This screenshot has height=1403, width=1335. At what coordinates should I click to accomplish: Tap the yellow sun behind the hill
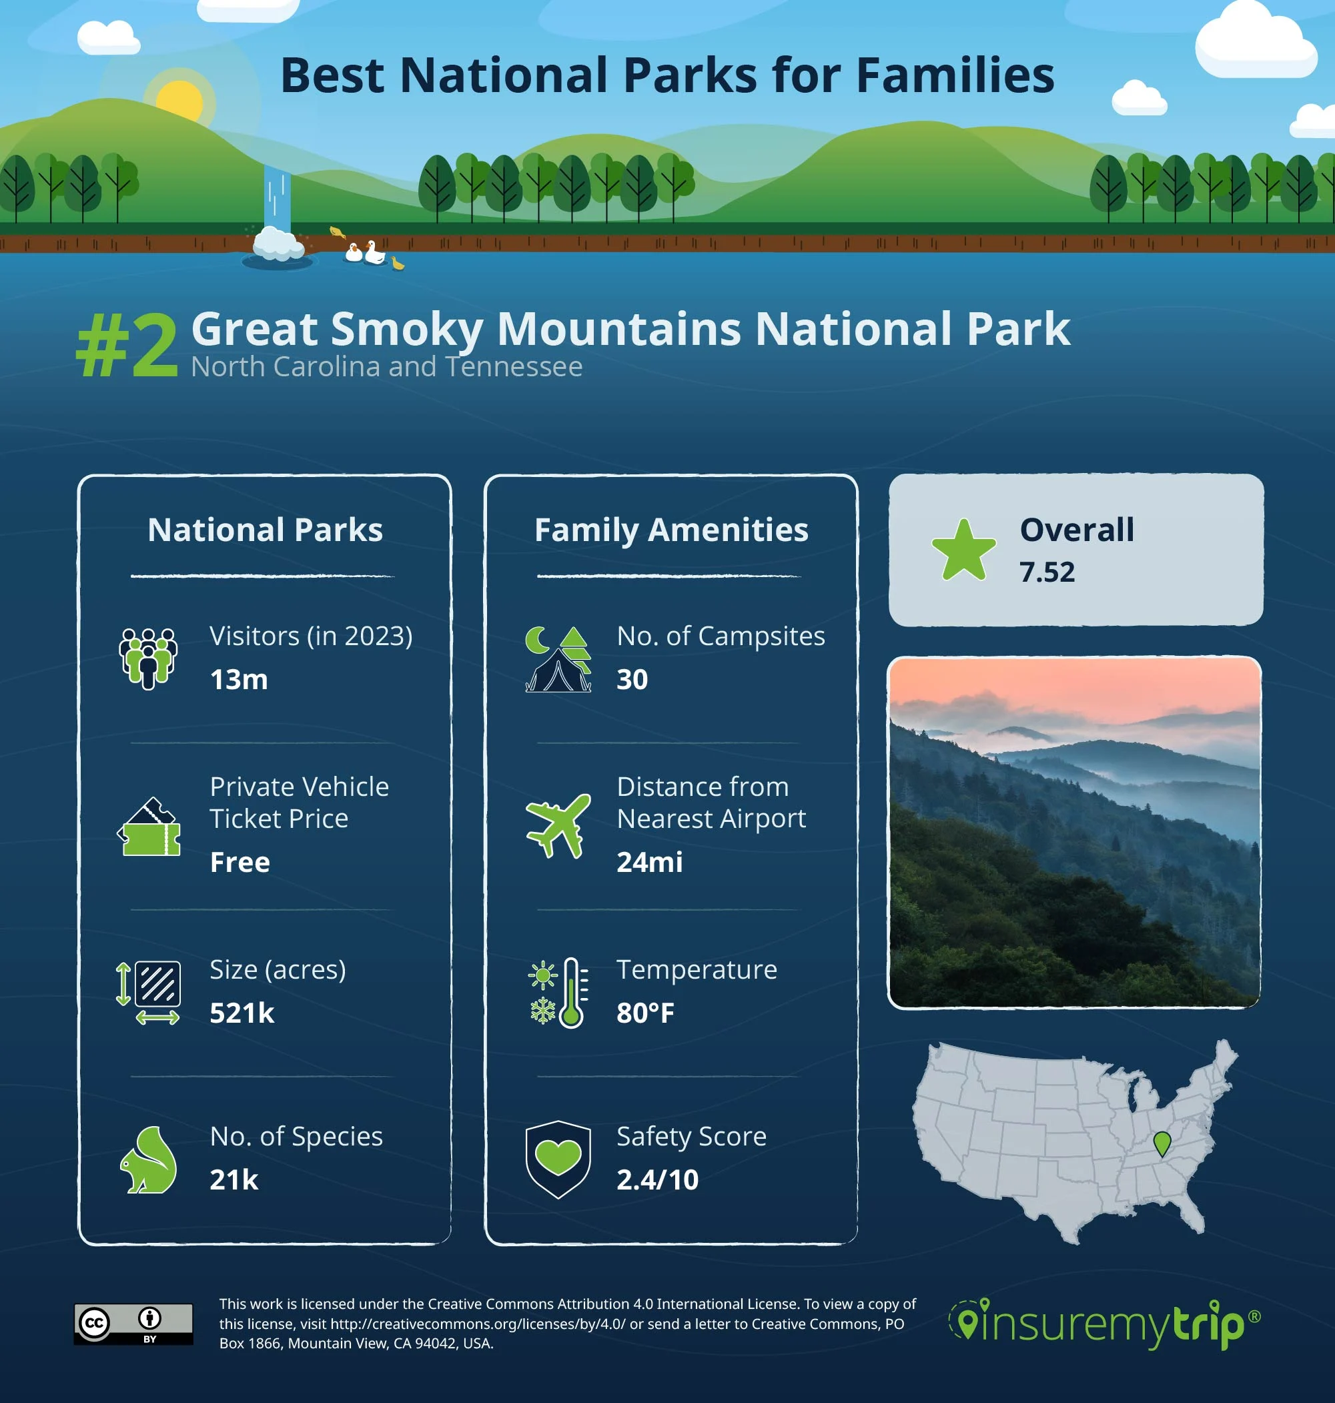(179, 100)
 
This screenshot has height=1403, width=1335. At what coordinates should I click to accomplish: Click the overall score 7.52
(1047, 572)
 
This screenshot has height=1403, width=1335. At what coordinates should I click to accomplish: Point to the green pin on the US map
(1162, 1143)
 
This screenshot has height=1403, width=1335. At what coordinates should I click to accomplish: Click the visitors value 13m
(239, 679)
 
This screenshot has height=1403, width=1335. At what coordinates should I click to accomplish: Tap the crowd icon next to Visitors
(148, 658)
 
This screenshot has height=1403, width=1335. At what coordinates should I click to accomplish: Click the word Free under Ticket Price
(240, 863)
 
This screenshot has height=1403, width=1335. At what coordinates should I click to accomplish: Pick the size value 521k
(242, 1013)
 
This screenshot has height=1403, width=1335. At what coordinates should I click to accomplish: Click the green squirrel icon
(149, 1160)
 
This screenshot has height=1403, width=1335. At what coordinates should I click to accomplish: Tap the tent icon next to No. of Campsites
(558, 660)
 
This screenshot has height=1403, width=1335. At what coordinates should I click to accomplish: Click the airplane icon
(558, 825)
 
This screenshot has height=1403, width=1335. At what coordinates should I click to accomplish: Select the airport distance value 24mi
(649, 863)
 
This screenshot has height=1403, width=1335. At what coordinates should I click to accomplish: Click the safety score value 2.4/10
(658, 1180)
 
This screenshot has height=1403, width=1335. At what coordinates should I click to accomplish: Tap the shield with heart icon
(558, 1159)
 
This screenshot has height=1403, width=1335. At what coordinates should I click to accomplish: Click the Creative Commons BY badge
(133, 1324)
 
